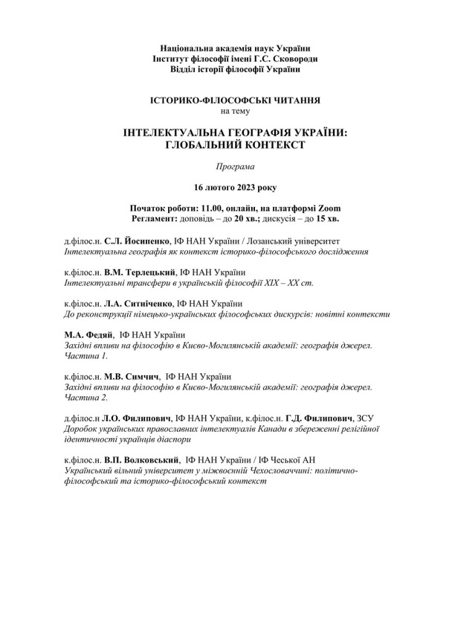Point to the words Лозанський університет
pos(294,242)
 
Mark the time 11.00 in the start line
pos(222,208)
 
